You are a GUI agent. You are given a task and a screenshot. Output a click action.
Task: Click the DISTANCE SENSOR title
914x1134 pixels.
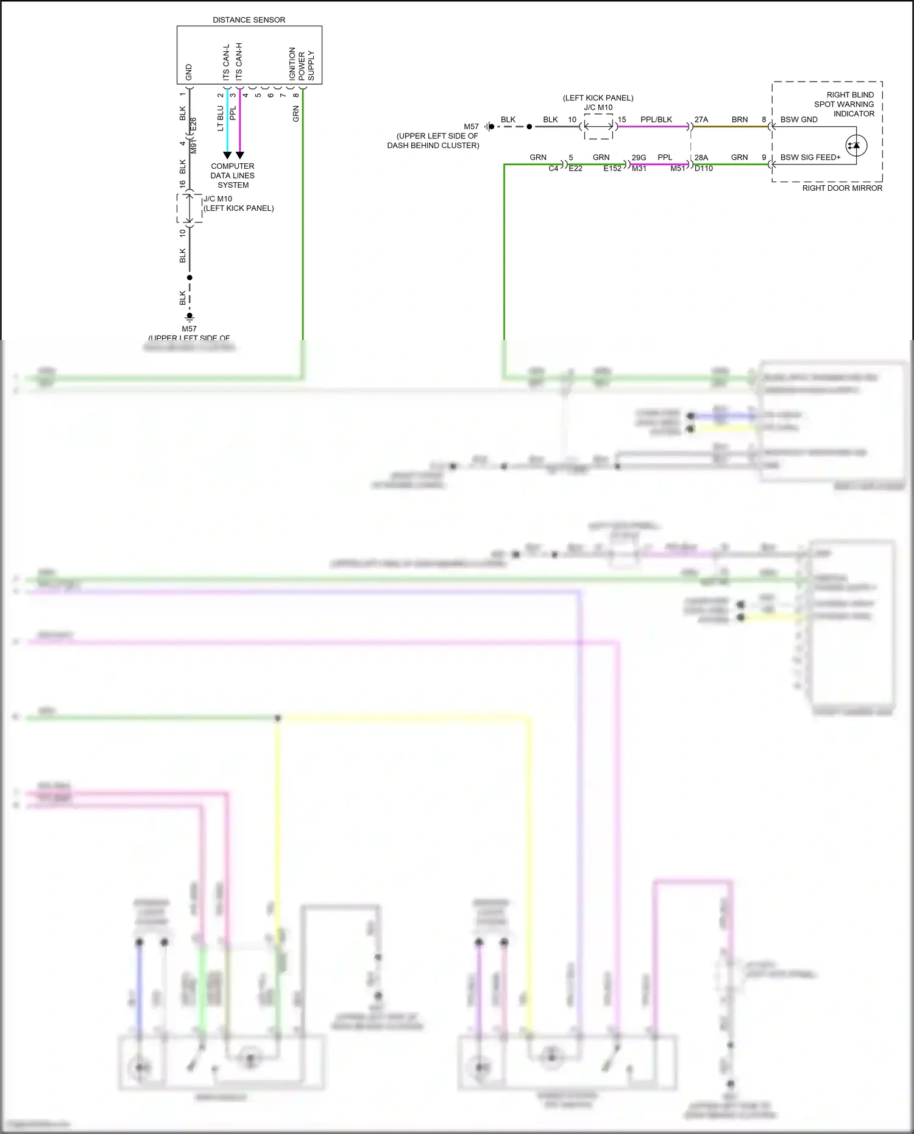coord(249,20)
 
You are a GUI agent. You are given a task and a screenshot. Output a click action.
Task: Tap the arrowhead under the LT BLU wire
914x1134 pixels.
coord(227,155)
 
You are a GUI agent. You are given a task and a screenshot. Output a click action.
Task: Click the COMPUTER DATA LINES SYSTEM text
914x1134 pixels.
coord(233,175)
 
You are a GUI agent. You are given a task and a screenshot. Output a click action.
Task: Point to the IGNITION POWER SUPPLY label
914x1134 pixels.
coord(302,65)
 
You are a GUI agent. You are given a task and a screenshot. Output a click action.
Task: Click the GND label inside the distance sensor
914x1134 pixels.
coord(189,72)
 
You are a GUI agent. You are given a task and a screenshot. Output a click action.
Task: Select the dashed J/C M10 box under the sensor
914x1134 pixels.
coord(190,208)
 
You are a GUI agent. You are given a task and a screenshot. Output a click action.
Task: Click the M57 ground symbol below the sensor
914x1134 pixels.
coord(190,317)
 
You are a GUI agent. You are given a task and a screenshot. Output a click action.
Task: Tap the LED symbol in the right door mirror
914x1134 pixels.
coord(856,146)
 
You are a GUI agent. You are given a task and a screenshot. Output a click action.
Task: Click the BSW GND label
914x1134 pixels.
coord(799,119)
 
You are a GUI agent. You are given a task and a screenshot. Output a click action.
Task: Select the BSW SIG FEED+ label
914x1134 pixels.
coord(810,157)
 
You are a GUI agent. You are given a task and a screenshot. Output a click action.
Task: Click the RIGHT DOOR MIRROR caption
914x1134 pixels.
coord(842,188)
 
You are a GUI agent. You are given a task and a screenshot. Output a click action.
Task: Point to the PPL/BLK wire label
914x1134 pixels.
coord(656,119)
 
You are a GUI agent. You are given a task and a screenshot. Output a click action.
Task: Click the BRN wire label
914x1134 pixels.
coord(740,119)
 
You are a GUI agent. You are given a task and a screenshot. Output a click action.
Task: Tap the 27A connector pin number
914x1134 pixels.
coord(701,119)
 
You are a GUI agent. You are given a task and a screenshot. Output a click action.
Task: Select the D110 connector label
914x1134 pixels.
coord(704,168)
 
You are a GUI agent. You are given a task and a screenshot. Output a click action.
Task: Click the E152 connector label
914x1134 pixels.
coord(612,168)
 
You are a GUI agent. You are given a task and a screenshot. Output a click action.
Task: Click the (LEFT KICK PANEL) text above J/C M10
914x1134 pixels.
coord(598,97)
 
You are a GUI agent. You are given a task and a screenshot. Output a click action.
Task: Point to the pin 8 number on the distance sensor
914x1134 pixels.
coord(296,94)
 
